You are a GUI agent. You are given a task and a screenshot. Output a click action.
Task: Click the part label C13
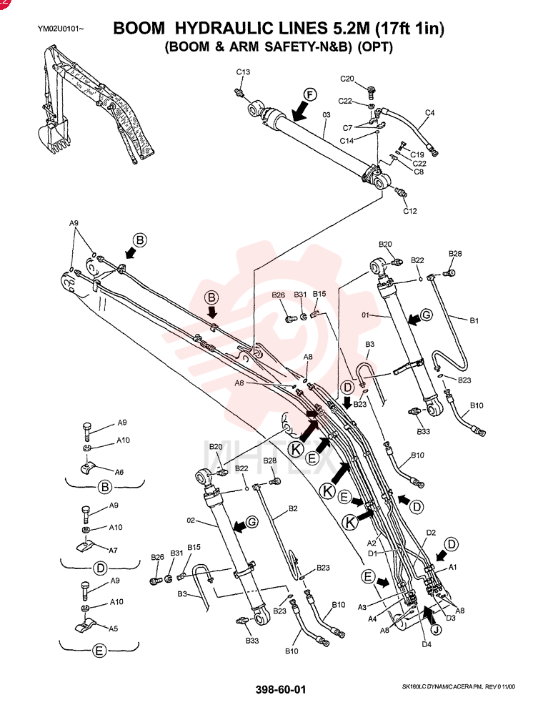(x=243, y=71)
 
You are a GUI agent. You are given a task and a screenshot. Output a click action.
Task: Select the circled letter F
(x=310, y=95)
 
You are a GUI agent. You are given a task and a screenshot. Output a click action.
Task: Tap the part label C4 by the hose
(x=429, y=112)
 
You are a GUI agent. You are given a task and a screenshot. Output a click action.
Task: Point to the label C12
(x=410, y=211)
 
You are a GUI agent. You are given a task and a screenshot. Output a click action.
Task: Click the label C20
(x=347, y=79)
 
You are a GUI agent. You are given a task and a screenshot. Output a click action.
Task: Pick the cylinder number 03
(x=327, y=115)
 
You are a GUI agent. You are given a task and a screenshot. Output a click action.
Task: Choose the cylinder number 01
(x=365, y=315)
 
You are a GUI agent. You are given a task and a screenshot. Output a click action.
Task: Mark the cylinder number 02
(x=191, y=520)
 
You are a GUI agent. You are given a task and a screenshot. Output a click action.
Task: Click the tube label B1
(x=474, y=320)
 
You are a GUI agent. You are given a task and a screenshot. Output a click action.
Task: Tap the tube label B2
(x=293, y=508)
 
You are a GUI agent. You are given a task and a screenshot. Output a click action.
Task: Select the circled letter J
(x=437, y=630)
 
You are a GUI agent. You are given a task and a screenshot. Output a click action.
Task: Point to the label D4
(x=427, y=644)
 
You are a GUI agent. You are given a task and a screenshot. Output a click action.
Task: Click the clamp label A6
(x=119, y=472)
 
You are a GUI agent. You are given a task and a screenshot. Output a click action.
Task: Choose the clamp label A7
(x=112, y=550)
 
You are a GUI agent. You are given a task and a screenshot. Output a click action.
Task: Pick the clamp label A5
(x=113, y=628)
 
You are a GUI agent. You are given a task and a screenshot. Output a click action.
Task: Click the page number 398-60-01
(x=281, y=689)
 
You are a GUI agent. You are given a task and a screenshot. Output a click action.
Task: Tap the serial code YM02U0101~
(x=61, y=29)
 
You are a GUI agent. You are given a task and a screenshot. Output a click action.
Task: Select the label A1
(x=452, y=567)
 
